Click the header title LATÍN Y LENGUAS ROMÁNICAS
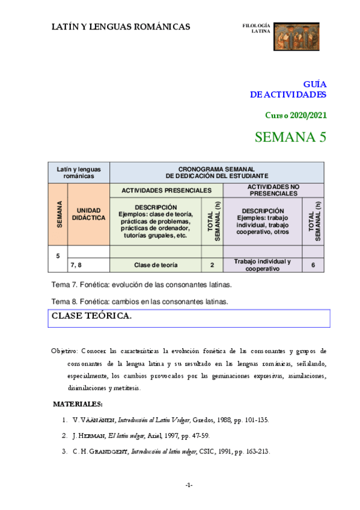[121, 26]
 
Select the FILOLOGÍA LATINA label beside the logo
[256, 28]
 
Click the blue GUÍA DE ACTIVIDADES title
[288, 90]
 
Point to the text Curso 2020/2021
[296, 115]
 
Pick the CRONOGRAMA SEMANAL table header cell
[216, 172]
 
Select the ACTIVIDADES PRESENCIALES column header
[166, 190]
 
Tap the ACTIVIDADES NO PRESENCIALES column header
[273, 190]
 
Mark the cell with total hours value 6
[313, 265]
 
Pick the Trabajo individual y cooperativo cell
[262, 265]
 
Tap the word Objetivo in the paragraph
[64, 350]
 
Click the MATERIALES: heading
[78, 404]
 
